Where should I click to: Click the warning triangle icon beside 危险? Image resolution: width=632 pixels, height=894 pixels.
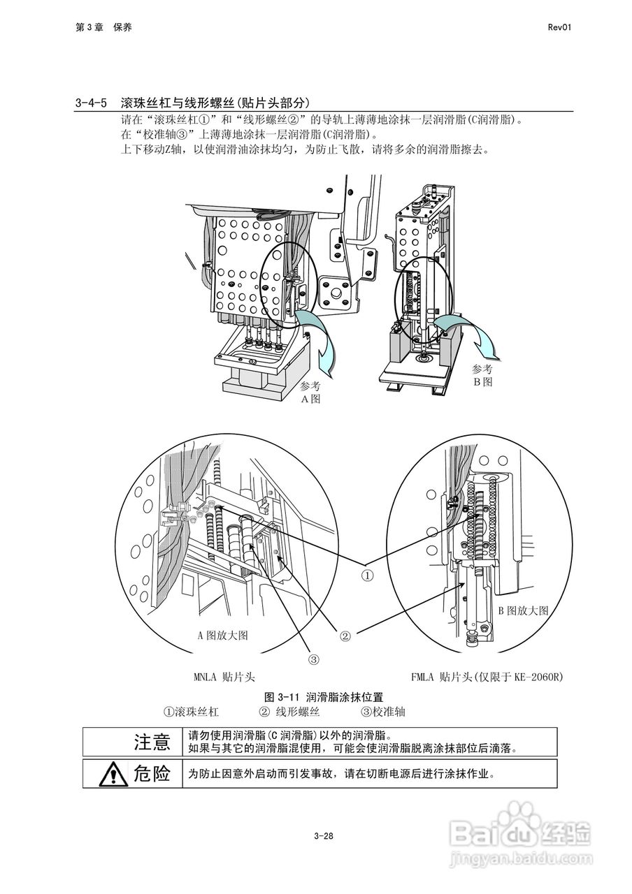pyautogui.click(x=111, y=774)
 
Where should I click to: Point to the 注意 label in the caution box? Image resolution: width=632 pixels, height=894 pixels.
pyautogui.click(x=152, y=742)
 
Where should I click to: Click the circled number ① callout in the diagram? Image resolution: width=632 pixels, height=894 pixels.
pyautogui.click(x=368, y=576)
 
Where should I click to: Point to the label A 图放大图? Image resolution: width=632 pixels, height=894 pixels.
pyautogui.click(x=222, y=635)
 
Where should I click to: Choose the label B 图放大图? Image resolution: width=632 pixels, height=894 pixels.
pyautogui.click(x=523, y=610)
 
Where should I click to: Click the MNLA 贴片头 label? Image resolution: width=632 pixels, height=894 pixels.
pyautogui.click(x=224, y=676)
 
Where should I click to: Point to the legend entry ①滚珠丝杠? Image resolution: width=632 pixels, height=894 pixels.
pyautogui.click(x=191, y=712)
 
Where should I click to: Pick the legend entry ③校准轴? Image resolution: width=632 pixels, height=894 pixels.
pyautogui.click(x=382, y=712)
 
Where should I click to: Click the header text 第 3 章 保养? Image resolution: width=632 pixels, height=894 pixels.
pyautogui.click(x=103, y=27)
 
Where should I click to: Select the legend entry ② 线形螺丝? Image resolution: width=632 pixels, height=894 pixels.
pyautogui.click(x=289, y=712)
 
